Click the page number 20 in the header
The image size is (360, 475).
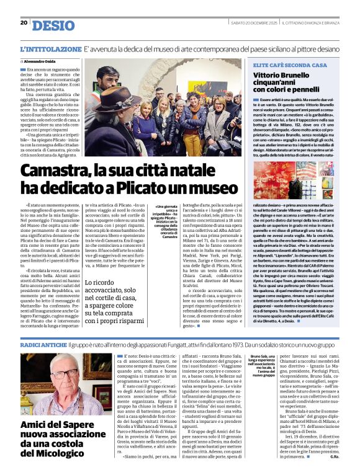pos(24,23)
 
